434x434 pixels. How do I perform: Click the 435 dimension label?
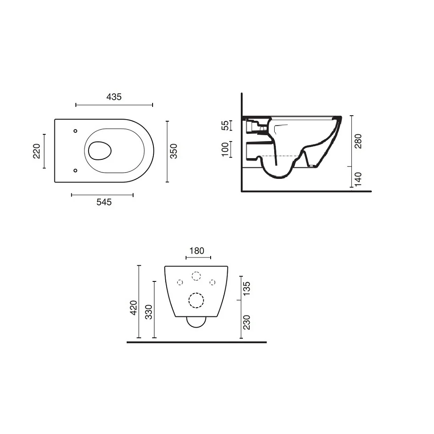(x=114, y=97)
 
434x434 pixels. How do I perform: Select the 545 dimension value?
(x=104, y=202)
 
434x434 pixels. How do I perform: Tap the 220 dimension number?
(x=36, y=150)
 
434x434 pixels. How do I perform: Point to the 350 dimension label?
(x=174, y=151)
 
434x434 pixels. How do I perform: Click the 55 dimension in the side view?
(x=226, y=125)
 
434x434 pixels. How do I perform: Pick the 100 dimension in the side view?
(x=225, y=149)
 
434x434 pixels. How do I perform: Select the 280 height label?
(x=358, y=141)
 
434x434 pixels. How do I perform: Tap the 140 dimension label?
(x=358, y=179)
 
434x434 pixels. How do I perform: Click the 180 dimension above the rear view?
(x=197, y=250)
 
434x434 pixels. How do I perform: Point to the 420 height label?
(x=134, y=307)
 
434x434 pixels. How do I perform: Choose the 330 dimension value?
(x=148, y=312)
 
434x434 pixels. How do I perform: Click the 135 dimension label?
(x=248, y=288)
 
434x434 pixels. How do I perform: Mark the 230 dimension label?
(x=248, y=322)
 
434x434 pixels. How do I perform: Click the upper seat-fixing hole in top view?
(x=75, y=131)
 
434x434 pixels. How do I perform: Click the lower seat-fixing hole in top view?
(x=75, y=170)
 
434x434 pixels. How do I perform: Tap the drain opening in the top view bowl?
(x=100, y=150)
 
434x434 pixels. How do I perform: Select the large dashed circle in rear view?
(x=196, y=300)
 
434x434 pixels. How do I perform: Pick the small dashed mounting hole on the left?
(x=180, y=282)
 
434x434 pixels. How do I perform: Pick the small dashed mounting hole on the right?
(x=213, y=282)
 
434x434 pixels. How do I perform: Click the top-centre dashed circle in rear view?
(x=196, y=276)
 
